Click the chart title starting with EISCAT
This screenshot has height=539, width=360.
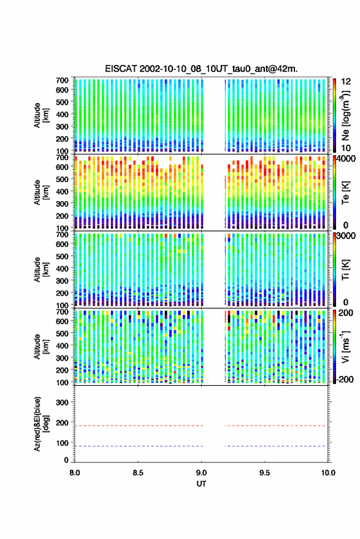click(202, 69)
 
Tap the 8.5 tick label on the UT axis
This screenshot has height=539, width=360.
click(138, 473)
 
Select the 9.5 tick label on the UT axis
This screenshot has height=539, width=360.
click(265, 473)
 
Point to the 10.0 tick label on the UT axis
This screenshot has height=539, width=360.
click(328, 473)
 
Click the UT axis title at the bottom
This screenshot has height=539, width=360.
click(201, 484)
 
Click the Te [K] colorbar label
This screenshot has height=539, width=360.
click(345, 193)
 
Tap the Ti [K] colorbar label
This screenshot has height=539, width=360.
click(345, 270)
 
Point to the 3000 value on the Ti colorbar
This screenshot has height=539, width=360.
click(347, 236)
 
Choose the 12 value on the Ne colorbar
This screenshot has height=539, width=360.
click(347, 82)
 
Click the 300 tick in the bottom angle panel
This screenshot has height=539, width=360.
click(62, 402)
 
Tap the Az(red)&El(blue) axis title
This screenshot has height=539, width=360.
click(42, 424)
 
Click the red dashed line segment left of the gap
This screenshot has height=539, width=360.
click(139, 426)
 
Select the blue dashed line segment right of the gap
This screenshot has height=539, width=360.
click(275, 446)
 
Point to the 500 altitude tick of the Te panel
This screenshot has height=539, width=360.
click(62, 179)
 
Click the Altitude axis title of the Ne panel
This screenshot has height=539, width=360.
click(41, 115)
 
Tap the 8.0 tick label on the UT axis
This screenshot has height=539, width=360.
click(75, 473)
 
